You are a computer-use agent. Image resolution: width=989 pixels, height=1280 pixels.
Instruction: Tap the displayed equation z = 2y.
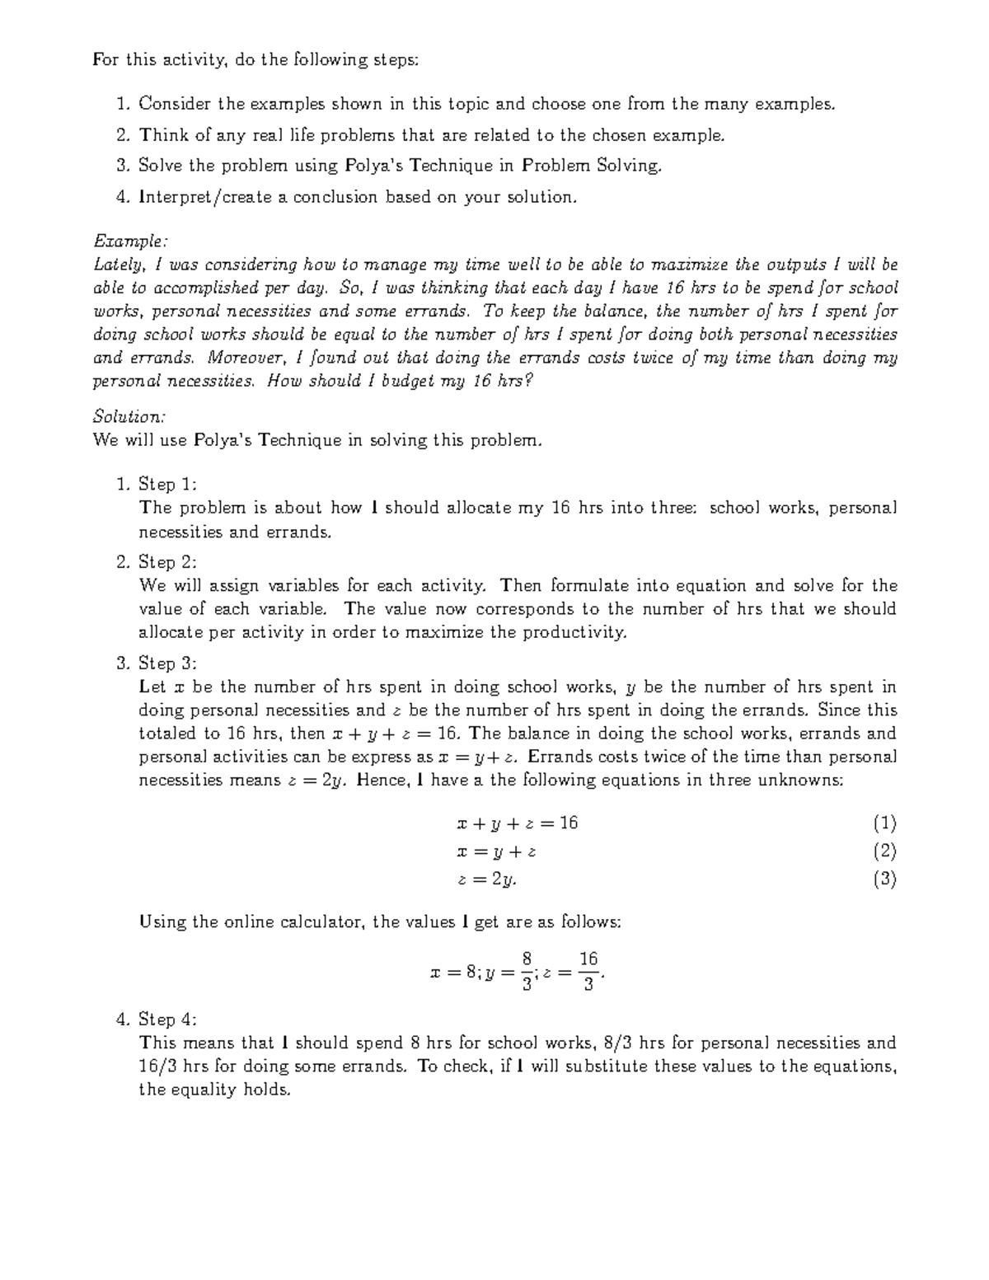(x=487, y=879)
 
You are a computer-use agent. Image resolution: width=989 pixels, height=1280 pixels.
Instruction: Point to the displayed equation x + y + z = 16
(x=517, y=823)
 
